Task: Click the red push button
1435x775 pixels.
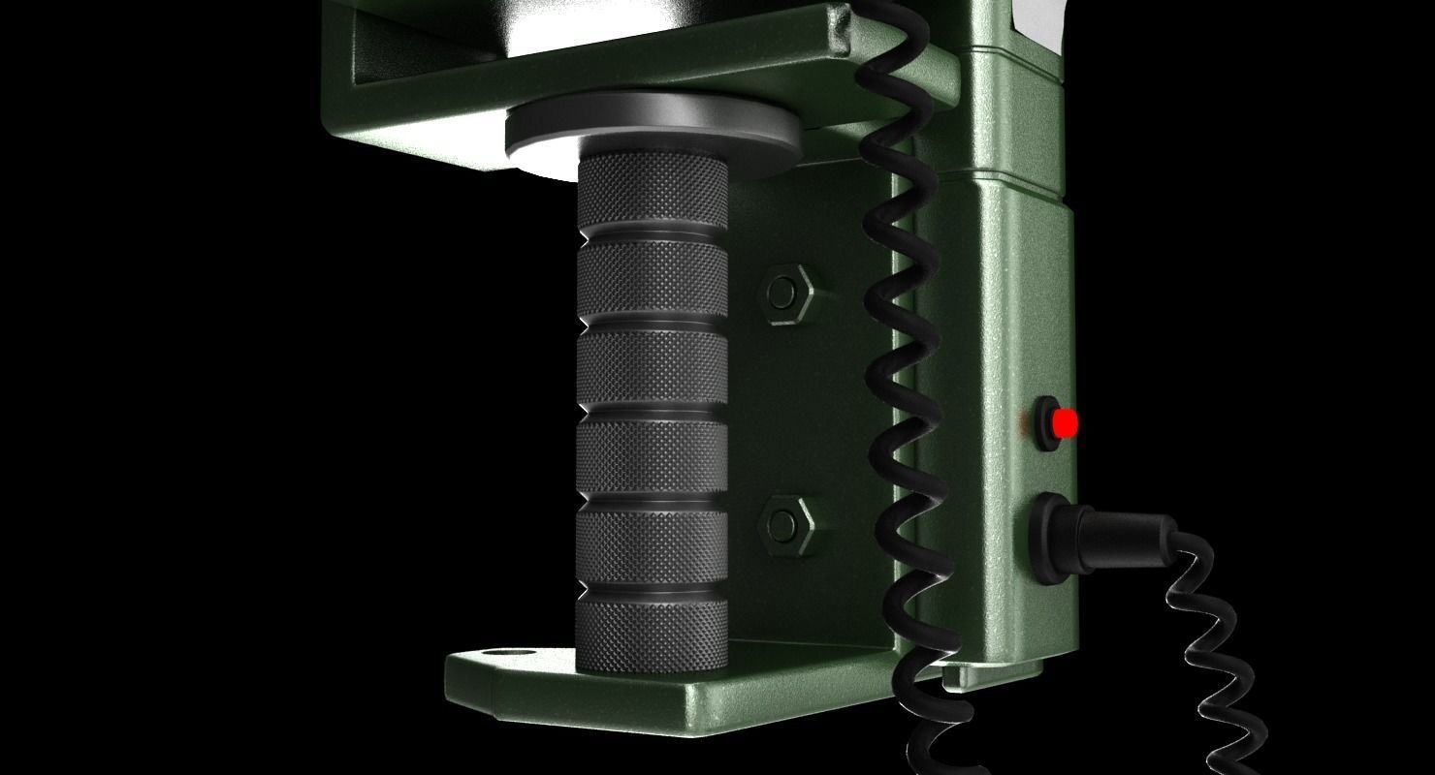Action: click(x=1065, y=423)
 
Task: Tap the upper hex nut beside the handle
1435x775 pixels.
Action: click(x=785, y=292)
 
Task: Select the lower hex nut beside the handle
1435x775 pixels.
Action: click(x=785, y=524)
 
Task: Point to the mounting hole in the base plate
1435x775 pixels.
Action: click(x=505, y=656)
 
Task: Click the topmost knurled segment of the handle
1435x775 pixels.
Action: click(x=652, y=195)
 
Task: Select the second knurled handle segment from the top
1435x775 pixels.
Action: click(x=652, y=282)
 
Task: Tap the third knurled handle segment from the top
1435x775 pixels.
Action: click(x=652, y=369)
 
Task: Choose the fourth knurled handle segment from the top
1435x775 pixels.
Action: click(x=652, y=456)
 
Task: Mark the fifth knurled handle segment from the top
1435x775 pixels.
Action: click(x=652, y=544)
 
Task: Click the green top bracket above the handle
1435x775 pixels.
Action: click(x=582, y=58)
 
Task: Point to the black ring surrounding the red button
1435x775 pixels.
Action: click(x=1045, y=423)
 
